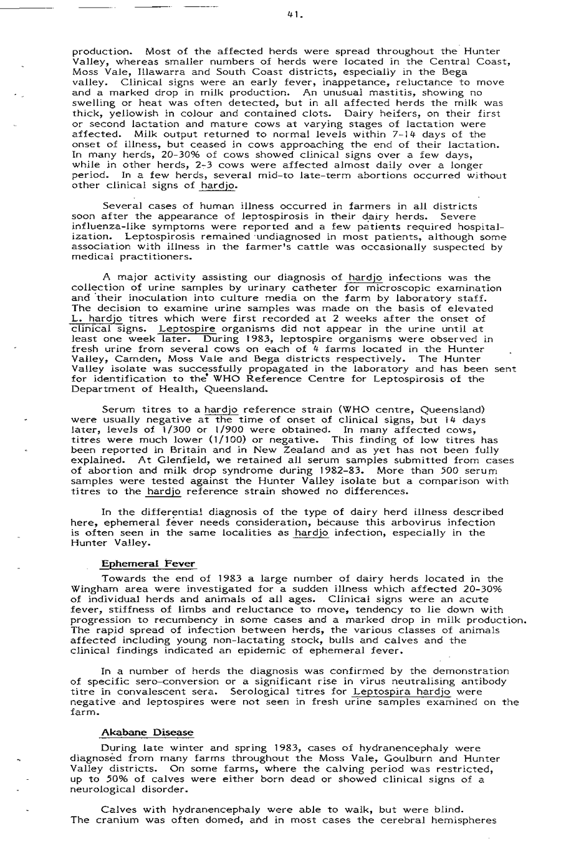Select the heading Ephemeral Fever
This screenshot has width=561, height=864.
click(x=148, y=564)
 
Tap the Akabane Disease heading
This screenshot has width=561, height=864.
click(x=147, y=732)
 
